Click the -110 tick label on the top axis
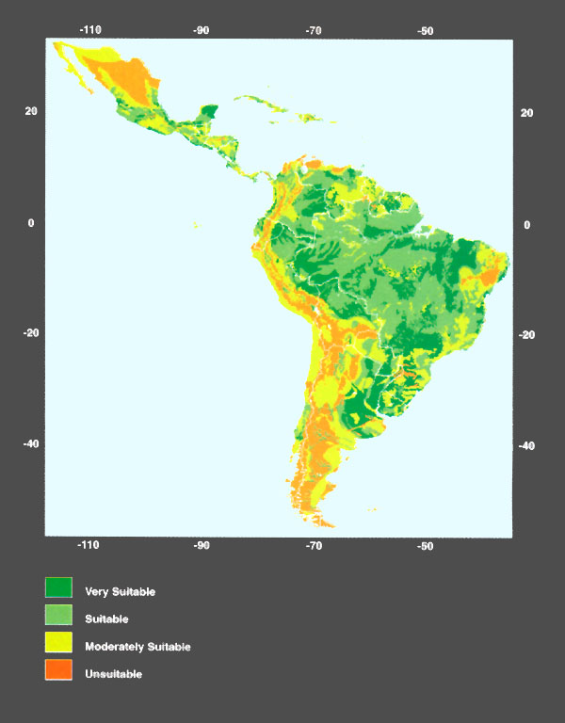pyautogui.click(x=89, y=30)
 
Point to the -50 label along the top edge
pyautogui.click(x=426, y=30)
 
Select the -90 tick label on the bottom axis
pyautogui.click(x=202, y=545)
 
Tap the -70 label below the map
pyautogui.click(x=314, y=545)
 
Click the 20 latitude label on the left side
pyautogui.click(x=31, y=111)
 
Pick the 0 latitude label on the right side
pyautogui.click(x=526, y=224)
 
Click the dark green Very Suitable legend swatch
pyautogui.click(x=58, y=588)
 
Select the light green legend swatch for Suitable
pyautogui.click(x=58, y=616)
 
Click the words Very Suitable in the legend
pyautogui.click(x=120, y=592)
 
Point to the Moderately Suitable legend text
pyautogui.click(x=137, y=647)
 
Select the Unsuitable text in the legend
pyautogui.click(x=113, y=674)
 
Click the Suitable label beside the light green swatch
pyautogui.click(x=106, y=619)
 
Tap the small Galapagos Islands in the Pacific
pyautogui.click(x=196, y=225)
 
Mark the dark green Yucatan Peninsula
pyautogui.click(x=209, y=112)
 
